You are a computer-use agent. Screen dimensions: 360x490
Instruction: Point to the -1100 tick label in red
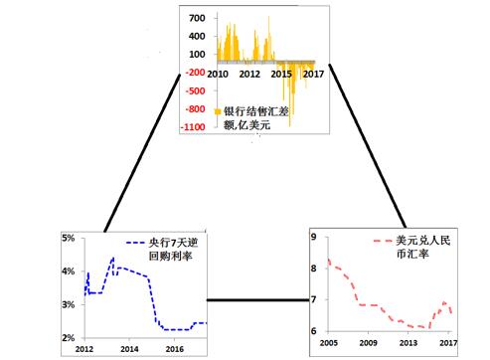194,127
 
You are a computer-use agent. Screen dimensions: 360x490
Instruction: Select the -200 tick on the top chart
194,73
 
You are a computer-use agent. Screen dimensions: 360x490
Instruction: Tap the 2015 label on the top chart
282,74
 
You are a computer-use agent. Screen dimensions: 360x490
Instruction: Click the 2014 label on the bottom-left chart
129,350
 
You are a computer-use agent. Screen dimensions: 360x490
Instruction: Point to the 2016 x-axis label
175,350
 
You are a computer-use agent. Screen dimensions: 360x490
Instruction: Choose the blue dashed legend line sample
134,243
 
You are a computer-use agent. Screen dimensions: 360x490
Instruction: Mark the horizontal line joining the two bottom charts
256,298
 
